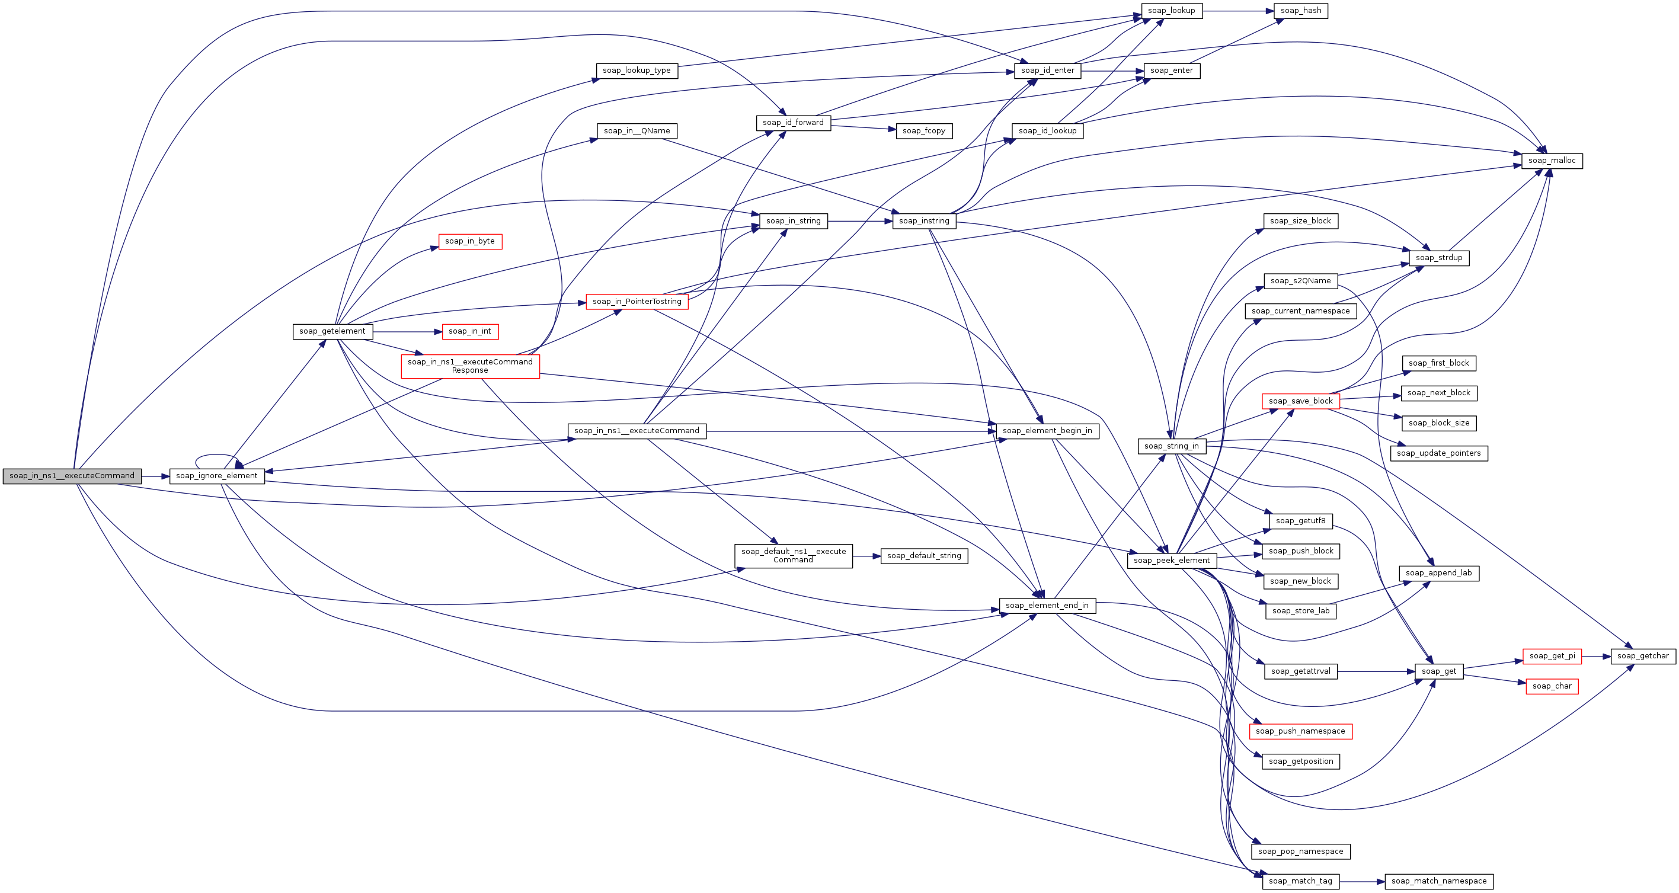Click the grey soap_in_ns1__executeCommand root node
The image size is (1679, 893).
point(72,476)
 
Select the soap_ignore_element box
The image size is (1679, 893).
point(217,476)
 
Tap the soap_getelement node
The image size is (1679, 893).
point(332,331)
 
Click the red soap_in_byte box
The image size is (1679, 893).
point(470,241)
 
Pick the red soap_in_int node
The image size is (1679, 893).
point(470,331)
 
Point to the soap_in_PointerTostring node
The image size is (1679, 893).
point(637,301)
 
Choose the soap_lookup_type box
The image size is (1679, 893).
point(637,71)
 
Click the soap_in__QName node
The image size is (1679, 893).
point(637,130)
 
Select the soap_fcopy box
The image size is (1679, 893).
point(924,130)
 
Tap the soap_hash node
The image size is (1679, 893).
point(1301,11)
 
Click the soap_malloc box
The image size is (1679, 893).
point(1552,161)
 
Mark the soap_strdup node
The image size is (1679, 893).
point(1438,257)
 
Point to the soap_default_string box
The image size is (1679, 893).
point(924,555)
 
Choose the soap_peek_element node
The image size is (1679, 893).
point(1171,560)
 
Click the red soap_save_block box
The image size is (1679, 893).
point(1300,401)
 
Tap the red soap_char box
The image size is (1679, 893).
point(1552,686)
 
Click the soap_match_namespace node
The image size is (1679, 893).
point(1439,881)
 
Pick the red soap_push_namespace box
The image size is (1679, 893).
point(1300,731)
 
